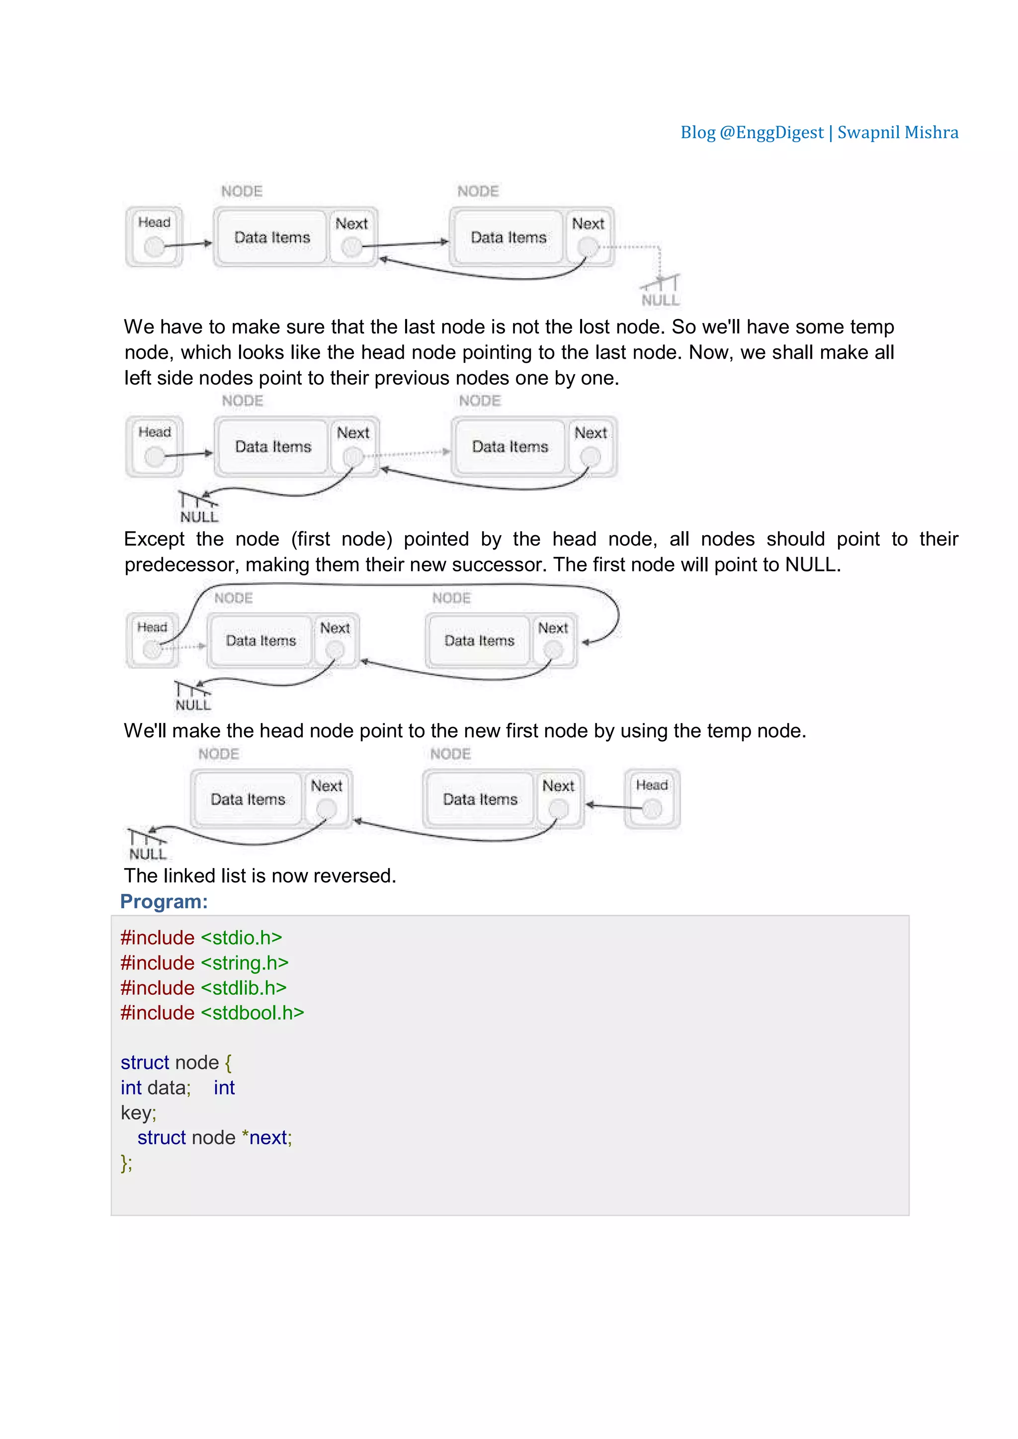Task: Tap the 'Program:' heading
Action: click(x=164, y=901)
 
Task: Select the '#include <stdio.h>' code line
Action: click(x=201, y=938)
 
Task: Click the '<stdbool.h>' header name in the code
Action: click(x=252, y=1013)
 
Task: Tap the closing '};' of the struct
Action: click(x=127, y=1163)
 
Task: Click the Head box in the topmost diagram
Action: click(x=154, y=237)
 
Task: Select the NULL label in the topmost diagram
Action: click(x=660, y=300)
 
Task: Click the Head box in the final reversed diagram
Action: click(x=652, y=799)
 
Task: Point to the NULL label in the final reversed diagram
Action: click(x=148, y=854)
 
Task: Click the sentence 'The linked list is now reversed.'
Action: click(x=260, y=876)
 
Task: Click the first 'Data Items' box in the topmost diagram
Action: click(x=272, y=238)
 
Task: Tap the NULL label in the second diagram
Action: click(x=199, y=517)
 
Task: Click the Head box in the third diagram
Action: click(x=152, y=640)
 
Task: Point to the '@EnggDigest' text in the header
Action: click(x=771, y=133)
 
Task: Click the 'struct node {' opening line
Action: click(x=176, y=1062)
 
